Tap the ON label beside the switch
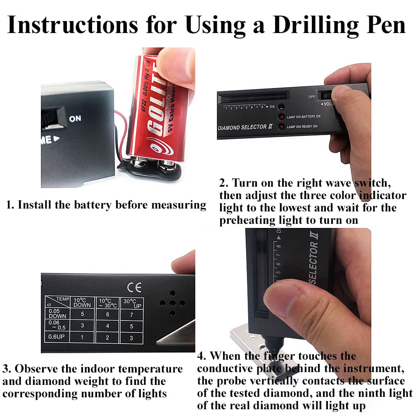coord(75,119)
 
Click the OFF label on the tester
coord(312,96)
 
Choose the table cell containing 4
coord(108,326)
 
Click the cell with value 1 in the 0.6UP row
coord(83,337)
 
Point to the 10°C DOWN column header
coord(82,302)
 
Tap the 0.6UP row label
coord(56,337)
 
